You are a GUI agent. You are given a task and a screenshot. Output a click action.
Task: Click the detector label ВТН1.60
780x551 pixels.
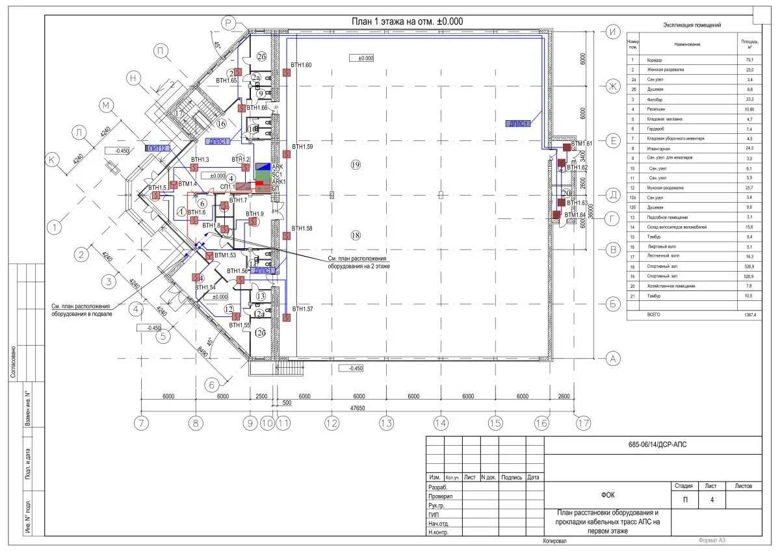302,65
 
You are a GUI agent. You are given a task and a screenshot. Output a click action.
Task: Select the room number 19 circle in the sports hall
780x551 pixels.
355,165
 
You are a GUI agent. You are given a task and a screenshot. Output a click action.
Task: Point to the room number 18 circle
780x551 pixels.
355,235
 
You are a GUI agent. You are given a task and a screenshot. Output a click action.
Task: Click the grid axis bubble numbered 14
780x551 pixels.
441,423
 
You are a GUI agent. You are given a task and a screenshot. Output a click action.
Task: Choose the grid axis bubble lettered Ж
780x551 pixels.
612,86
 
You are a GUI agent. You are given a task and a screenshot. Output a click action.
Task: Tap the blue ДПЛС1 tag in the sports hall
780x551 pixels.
518,123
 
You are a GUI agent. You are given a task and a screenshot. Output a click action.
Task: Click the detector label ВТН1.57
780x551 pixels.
302,309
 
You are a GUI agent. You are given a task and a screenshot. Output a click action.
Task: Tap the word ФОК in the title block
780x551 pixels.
608,494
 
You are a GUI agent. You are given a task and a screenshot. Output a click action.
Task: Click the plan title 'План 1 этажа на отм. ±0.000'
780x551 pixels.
407,21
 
